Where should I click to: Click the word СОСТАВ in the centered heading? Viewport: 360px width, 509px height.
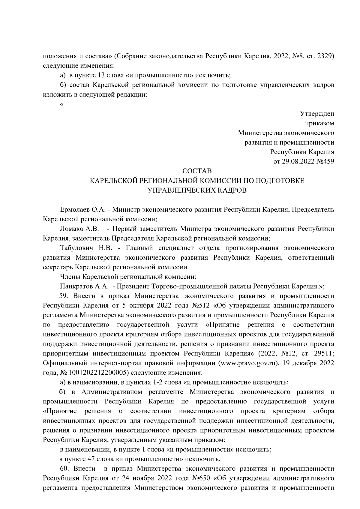(197, 171)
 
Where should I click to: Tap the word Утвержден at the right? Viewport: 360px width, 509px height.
(317, 114)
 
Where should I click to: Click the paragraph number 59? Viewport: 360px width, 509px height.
(64, 296)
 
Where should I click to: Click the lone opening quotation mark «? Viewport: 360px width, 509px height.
(62, 105)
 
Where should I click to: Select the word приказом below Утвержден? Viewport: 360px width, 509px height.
(320, 123)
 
